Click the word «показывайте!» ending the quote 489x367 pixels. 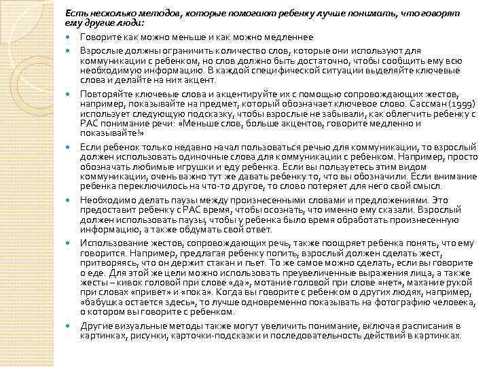103,133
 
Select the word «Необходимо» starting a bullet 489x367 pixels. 108,200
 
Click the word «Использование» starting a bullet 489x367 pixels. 113,242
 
